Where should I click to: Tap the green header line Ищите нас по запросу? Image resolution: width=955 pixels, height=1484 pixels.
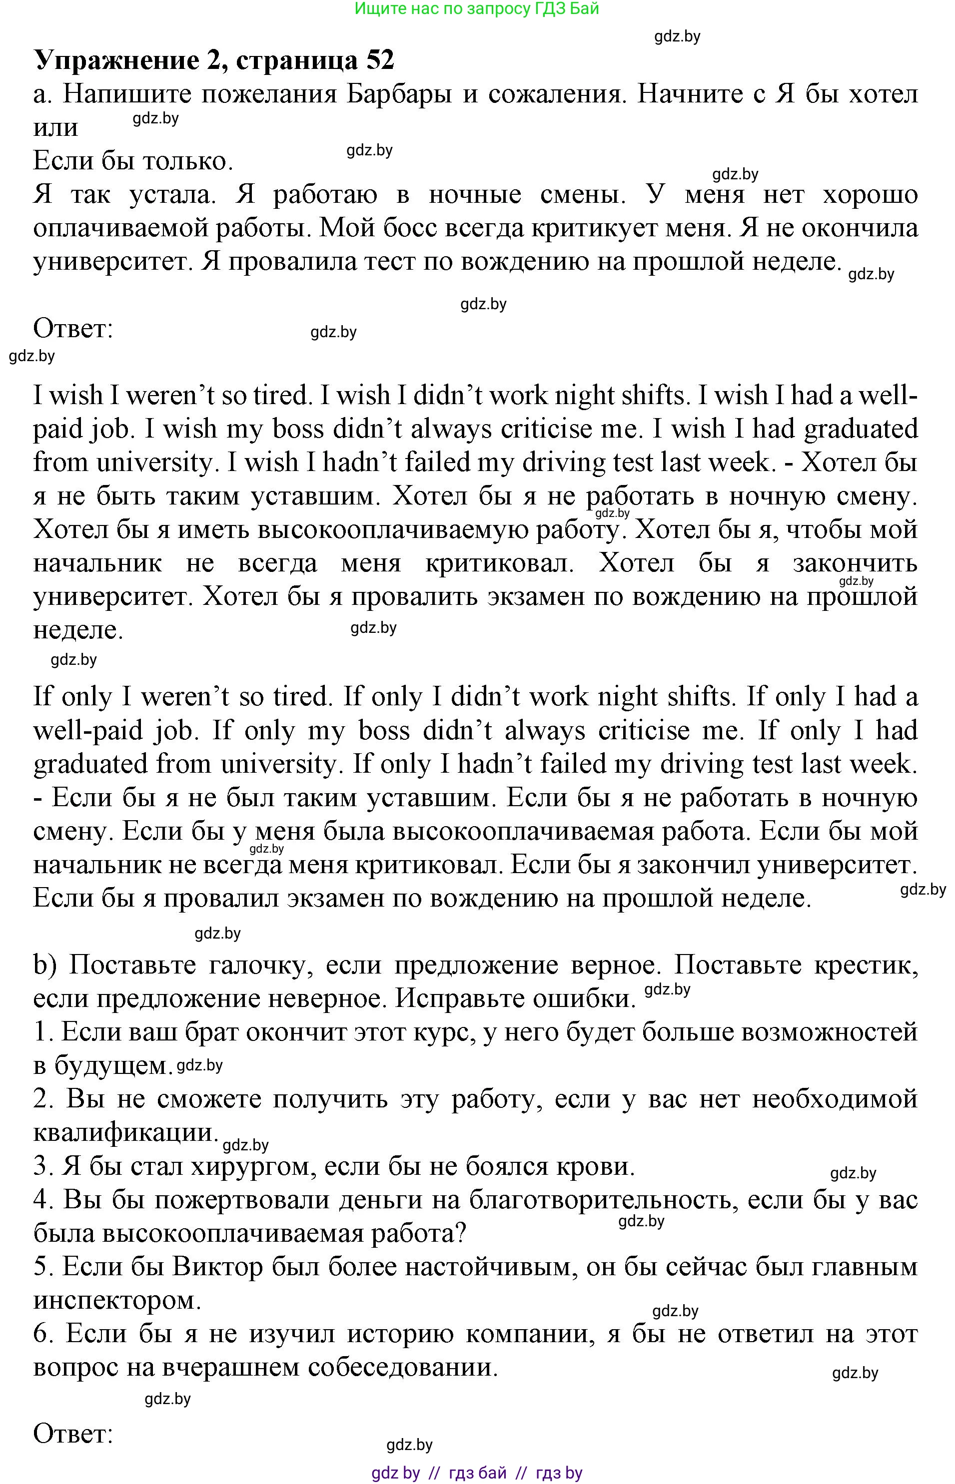[x=476, y=8]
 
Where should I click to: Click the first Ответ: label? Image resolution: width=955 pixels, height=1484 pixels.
[x=72, y=329]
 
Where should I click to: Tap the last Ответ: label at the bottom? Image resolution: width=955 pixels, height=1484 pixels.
[x=72, y=1433]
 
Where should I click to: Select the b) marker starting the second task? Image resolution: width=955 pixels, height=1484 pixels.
[x=46, y=965]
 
